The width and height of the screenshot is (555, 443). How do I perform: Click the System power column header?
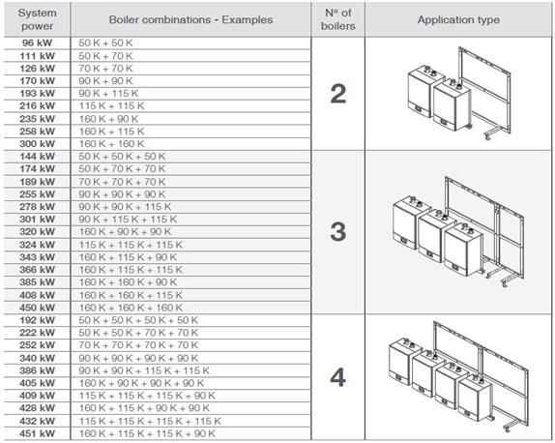(x=37, y=19)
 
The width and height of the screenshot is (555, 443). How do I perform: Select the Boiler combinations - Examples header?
(x=190, y=19)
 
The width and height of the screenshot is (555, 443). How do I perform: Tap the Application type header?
(x=458, y=19)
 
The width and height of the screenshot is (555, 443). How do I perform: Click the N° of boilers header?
(x=338, y=19)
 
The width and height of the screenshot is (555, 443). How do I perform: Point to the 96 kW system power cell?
(x=37, y=43)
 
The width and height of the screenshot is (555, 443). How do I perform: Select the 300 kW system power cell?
(x=37, y=144)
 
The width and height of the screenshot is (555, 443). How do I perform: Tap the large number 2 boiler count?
(x=338, y=94)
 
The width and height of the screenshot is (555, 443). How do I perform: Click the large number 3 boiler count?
(x=338, y=232)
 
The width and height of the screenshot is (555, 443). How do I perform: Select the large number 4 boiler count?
(x=338, y=377)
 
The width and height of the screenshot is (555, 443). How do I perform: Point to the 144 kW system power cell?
(x=37, y=156)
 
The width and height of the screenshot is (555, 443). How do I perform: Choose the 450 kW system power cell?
(x=37, y=308)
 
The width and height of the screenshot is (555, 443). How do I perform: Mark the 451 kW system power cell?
(x=37, y=433)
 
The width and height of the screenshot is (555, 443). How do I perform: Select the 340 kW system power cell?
(x=37, y=358)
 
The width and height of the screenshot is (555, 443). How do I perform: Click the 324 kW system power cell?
(x=37, y=245)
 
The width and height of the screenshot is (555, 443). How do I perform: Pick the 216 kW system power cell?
(x=37, y=105)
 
